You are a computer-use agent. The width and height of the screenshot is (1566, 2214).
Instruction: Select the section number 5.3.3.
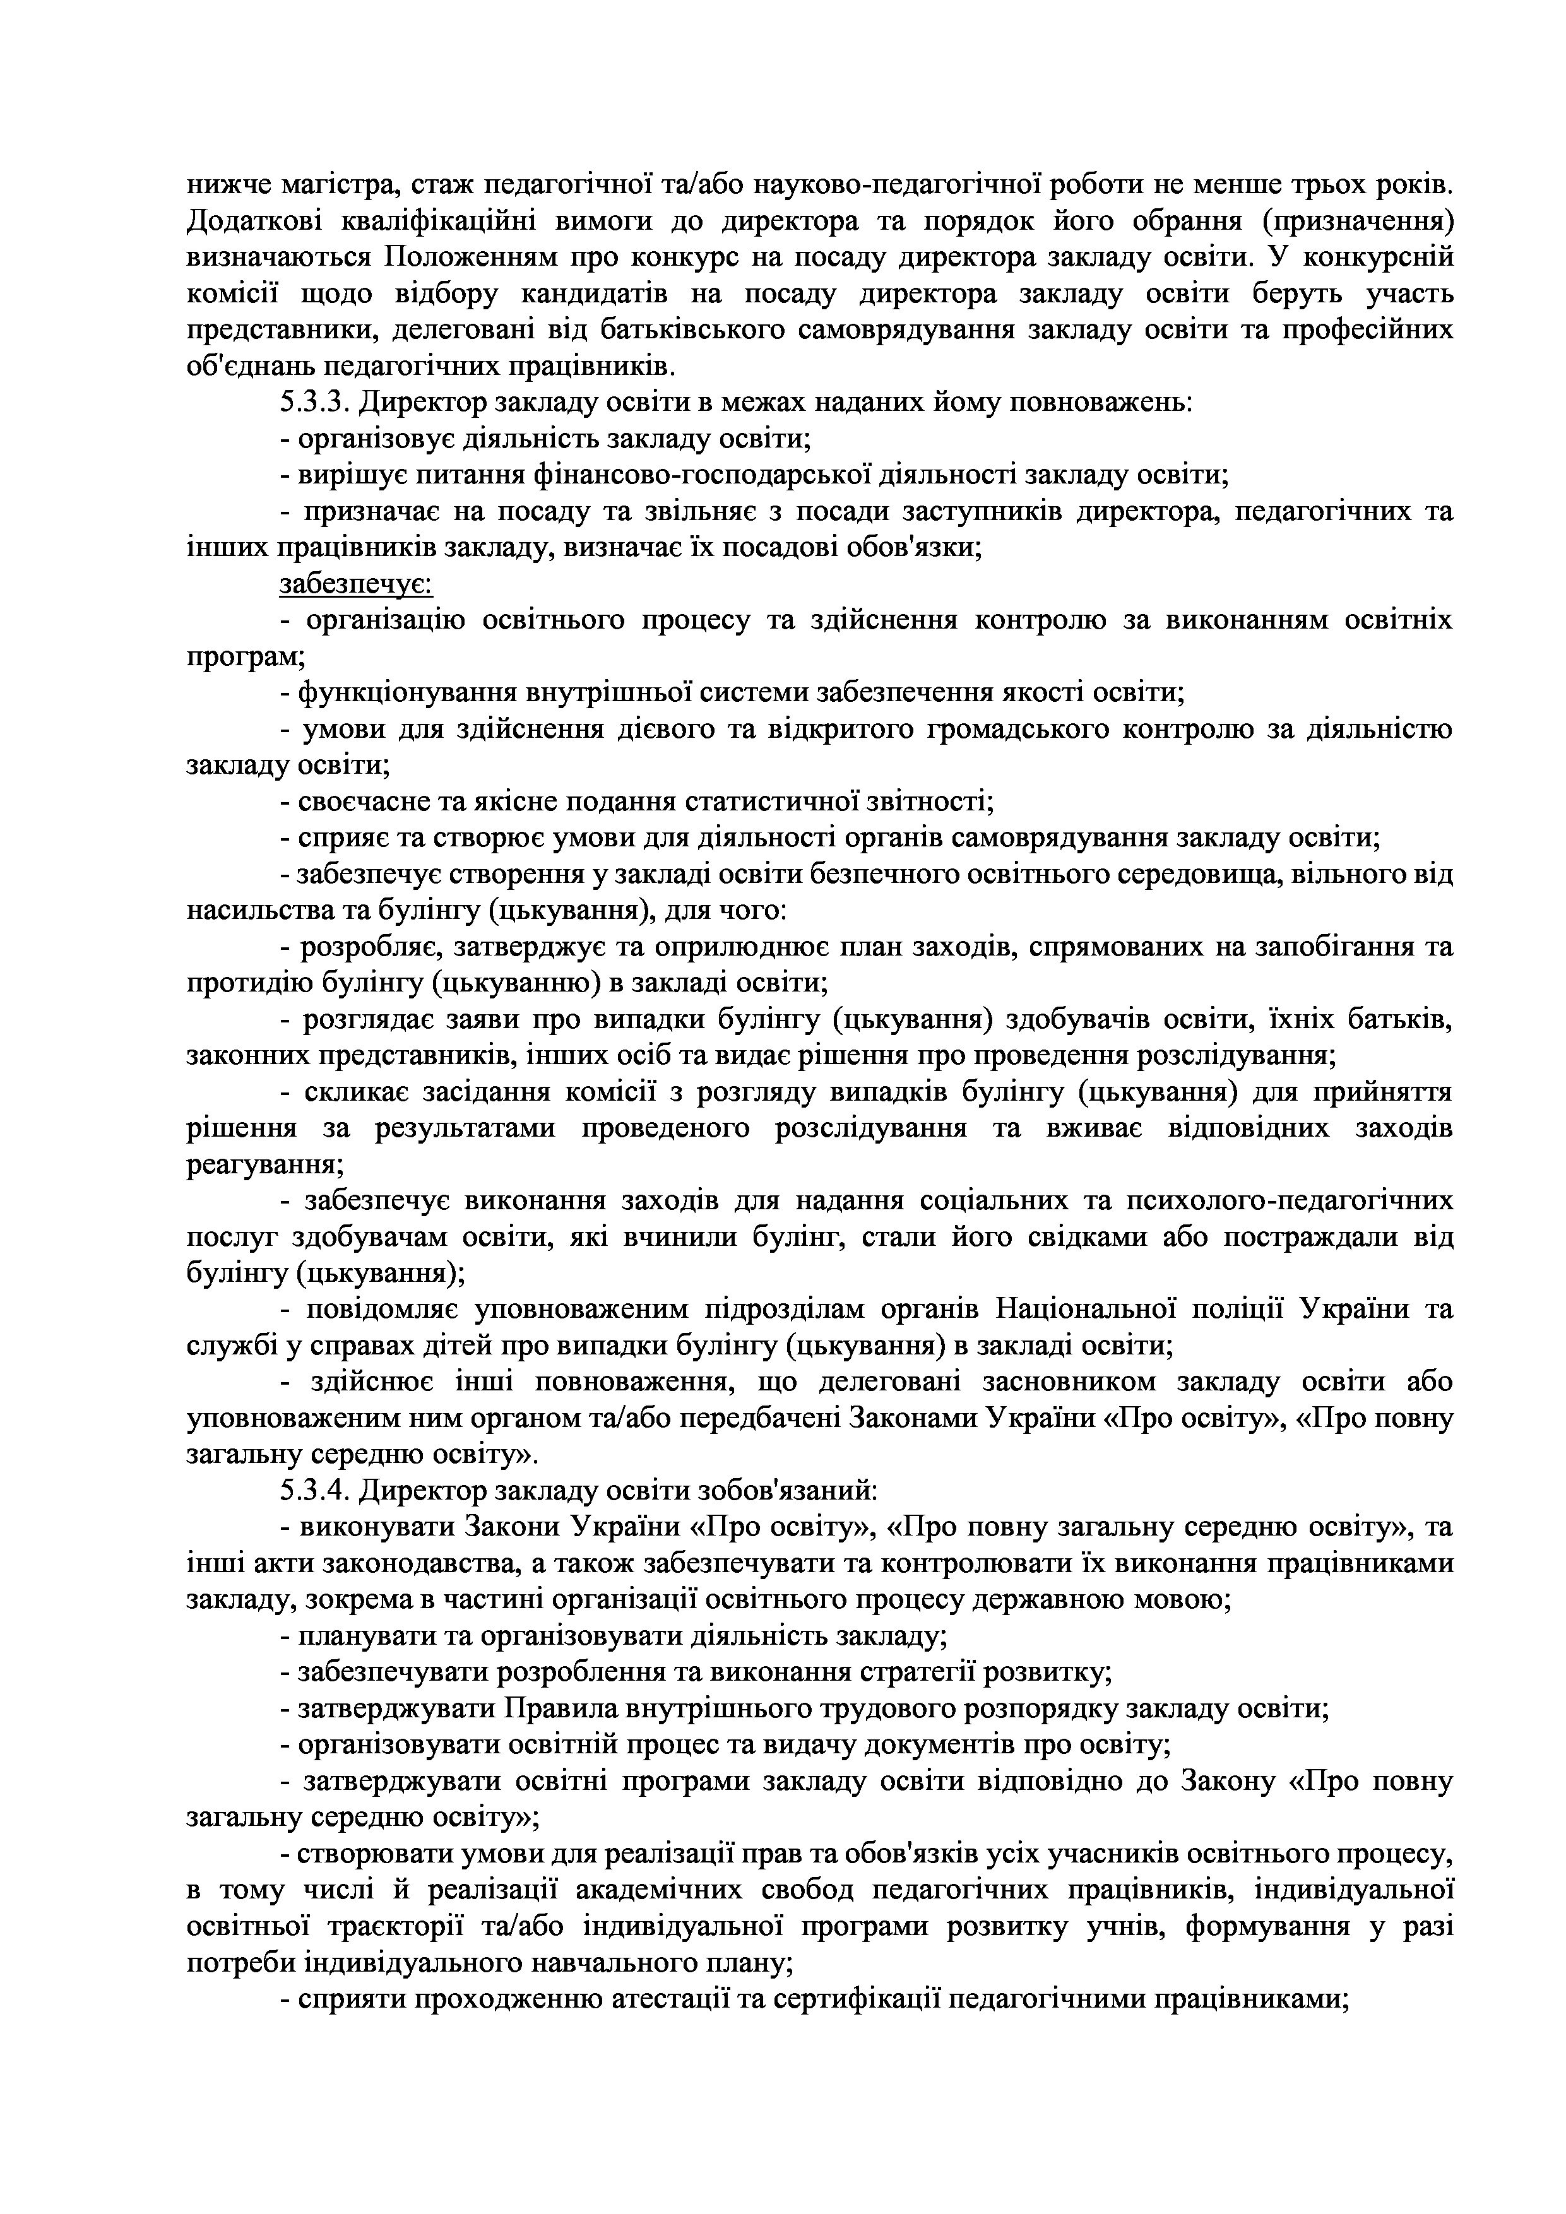316,401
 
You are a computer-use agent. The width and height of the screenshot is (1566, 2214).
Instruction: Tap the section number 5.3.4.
316,1490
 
